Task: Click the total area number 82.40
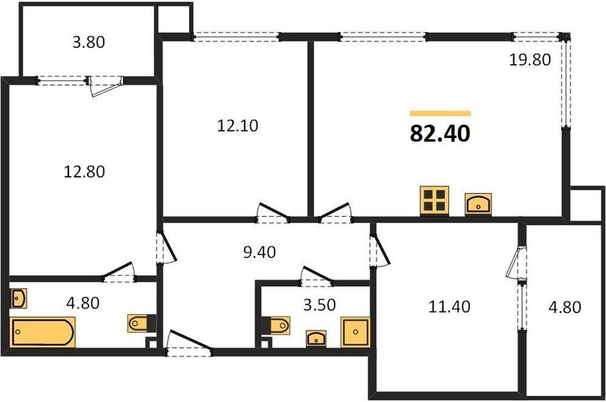(440, 133)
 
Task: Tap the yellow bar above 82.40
(440, 114)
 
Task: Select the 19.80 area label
(530, 60)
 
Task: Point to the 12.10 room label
(237, 125)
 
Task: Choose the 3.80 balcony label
(88, 42)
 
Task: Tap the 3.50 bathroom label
(318, 306)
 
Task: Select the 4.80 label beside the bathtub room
(82, 302)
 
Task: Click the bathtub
(43, 332)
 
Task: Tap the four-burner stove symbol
(434, 201)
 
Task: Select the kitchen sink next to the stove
(479, 203)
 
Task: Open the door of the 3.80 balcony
(105, 86)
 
